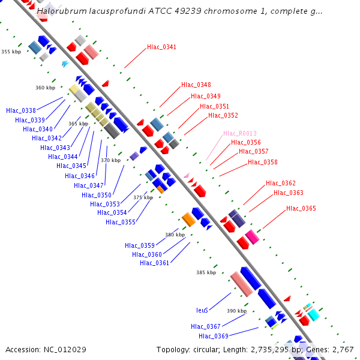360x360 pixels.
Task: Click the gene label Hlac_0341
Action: tap(161, 47)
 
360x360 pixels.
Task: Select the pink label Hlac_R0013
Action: tap(240, 133)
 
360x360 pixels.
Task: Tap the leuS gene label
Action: tap(202, 310)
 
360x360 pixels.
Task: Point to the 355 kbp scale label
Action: tap(11, 52)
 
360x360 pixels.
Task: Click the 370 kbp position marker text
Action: tap(111, 160)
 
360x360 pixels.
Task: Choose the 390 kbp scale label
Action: tap(237, 311)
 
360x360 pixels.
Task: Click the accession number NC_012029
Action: tap(65, 350)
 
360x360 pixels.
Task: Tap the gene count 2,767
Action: tap(343, 350)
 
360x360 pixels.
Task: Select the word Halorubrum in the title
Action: tap(62, 11)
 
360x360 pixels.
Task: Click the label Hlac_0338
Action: tap(21, 110)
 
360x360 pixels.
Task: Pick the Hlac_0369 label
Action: tap(214, 336)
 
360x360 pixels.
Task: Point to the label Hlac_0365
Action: tap(301, 208)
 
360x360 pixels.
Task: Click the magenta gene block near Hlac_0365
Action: tap(252, 237)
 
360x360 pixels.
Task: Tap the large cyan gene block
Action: tap(314, 315)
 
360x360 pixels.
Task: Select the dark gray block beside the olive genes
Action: tap(112, 131)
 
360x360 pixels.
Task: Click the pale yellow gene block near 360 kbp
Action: tap(74, 89)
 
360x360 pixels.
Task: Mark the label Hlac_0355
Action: tap(121, 222)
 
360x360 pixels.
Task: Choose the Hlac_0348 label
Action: tap(196, 85)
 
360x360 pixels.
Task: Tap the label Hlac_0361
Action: tap(155, 263)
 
